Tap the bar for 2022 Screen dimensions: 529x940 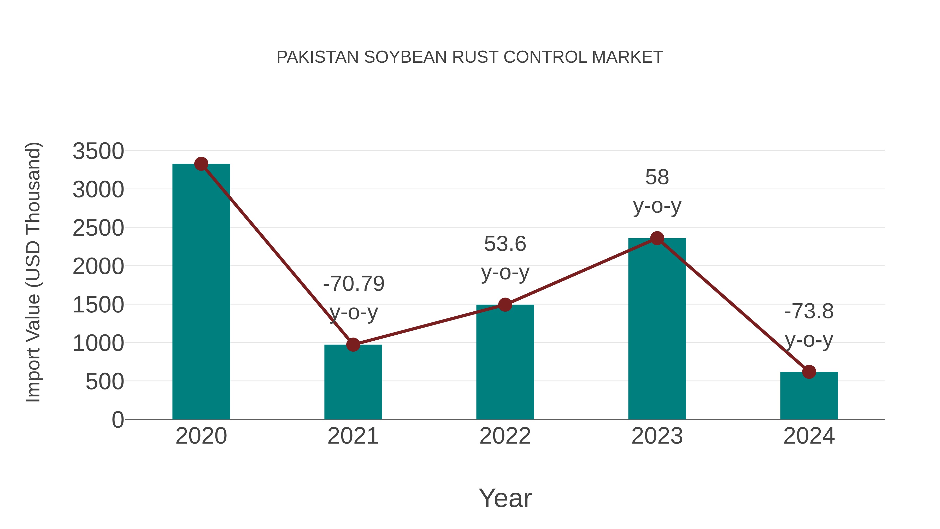point(505,362)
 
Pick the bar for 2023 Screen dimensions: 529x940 point(657,329)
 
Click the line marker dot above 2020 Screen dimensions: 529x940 point(201,164)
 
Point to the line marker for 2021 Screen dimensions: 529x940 point(353,344)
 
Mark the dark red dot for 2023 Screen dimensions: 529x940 point(657,239)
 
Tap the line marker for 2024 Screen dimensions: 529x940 point(809,372)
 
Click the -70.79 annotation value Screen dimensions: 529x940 point(354,284)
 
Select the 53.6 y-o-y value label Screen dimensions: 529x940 point(505,243)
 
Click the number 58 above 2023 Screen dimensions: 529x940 point(657,177)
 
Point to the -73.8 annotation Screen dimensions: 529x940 point(809,311)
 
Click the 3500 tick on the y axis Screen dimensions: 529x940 point(98,151)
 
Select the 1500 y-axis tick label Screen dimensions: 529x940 point(98,305)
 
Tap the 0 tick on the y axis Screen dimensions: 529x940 point(118,420)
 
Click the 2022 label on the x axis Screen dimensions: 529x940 point(505,436)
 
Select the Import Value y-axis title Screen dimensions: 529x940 point(33,272)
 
